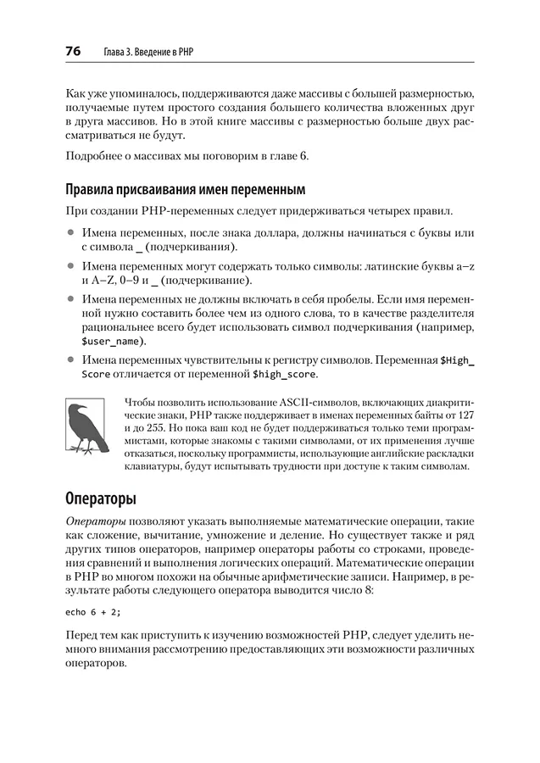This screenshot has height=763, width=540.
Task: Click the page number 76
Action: (x=70, y=52)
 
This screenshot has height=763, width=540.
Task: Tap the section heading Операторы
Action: (x=104, y=498)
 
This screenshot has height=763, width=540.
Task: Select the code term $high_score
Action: (x=285, y=373)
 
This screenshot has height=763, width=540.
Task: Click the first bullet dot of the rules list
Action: (x=70, y=232)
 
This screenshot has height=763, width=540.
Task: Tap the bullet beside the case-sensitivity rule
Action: (x=70, y=359)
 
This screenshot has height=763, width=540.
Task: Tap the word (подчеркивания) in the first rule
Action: (x=191, y=246)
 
